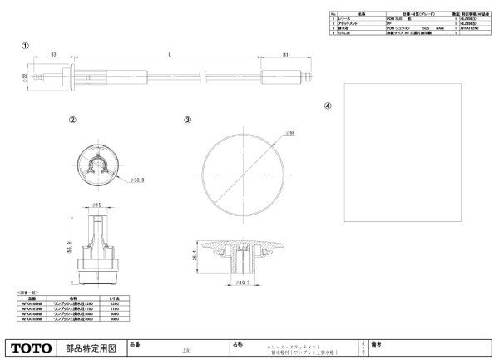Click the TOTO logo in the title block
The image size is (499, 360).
[32, 347]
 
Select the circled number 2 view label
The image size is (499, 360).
[73, 119]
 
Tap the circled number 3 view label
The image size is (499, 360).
[188, 120]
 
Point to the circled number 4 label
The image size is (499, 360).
[328, 106]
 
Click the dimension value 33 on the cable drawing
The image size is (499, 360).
[53, 54]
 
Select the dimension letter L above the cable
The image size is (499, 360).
[170, 54]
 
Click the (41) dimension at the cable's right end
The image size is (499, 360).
[284, 54]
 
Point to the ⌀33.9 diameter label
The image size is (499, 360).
[114, 178]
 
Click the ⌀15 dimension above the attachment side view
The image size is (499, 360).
[96, 204]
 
